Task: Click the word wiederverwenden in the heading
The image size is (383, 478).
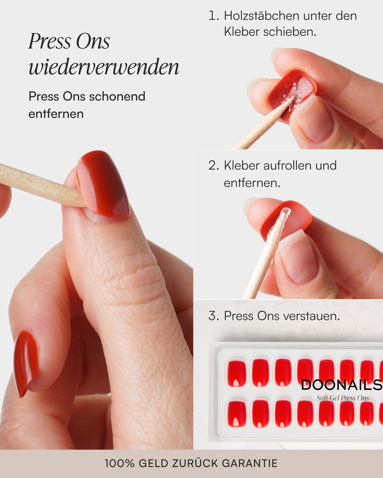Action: [104, 67]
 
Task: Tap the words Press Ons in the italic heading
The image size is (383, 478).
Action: [69, 41]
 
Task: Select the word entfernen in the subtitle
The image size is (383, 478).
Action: [56, 114]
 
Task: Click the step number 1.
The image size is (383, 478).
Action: [213, 16]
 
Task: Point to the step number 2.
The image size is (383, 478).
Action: [213, 165]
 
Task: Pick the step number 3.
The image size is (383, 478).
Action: [213, 316]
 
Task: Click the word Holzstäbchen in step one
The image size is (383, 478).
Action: [262, 16]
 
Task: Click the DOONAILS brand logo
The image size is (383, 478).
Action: [341, 385]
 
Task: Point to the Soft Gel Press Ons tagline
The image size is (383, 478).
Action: [343, 398]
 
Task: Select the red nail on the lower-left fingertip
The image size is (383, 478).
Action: [25, 362]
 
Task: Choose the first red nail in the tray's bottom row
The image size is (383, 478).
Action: [237, 414]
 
